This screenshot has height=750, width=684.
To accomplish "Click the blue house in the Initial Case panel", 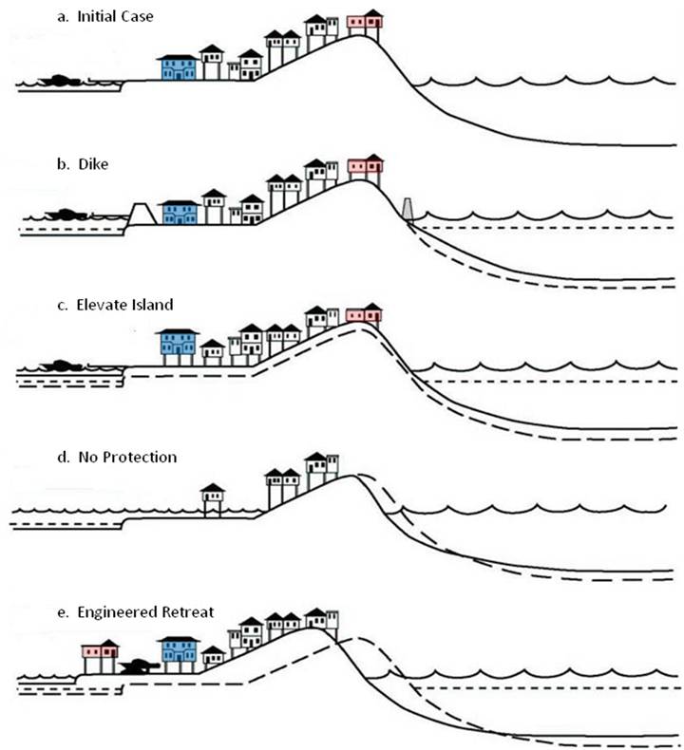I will pos(179,67).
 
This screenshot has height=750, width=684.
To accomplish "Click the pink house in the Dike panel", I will pos(365,167).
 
